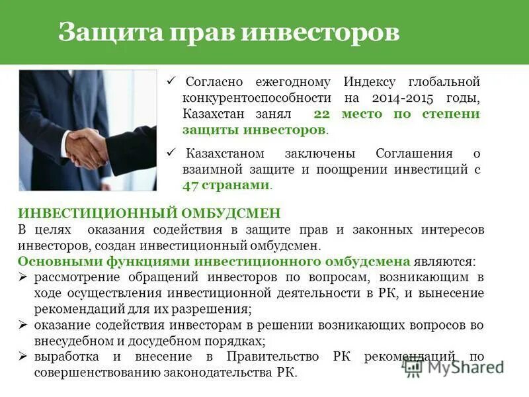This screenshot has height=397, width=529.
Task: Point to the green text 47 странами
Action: point(226,185)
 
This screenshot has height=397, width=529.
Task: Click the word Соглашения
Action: point(414,154)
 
